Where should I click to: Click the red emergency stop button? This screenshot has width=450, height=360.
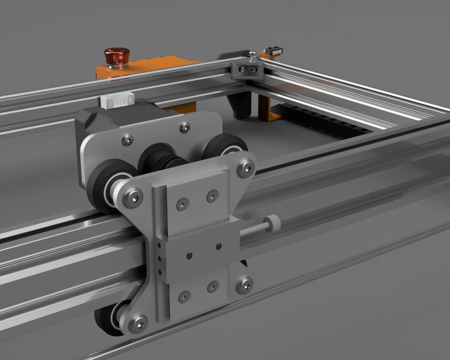coord(116,57)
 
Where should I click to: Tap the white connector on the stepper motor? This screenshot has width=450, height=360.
coord(116,100)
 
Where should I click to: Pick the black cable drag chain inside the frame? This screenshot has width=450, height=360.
coord(326,121)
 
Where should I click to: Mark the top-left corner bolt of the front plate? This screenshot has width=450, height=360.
coord(133,197)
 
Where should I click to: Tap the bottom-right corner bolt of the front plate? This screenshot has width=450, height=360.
coord(244,284)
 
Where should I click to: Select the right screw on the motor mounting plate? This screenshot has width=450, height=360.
coord(183,127)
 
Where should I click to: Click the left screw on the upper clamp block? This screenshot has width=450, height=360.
coord(181,204)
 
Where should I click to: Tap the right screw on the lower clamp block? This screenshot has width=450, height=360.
coord(213,287)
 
